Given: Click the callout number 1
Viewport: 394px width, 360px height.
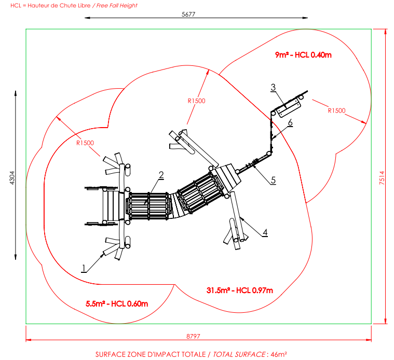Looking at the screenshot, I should tap(83, 268).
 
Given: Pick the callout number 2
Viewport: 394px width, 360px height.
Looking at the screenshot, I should tap(161, 175).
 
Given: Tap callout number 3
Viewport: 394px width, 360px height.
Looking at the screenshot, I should tap(273, 87).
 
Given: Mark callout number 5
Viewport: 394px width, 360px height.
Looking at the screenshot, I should tap(273, 180).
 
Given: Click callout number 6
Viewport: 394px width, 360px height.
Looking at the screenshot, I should tap(290, 122).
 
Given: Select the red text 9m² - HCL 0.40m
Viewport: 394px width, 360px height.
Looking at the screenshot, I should tap(303, 54).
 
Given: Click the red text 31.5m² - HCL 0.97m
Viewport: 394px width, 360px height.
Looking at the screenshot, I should tap(239, 290).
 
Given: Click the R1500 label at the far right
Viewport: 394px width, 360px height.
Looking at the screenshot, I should tap(336, 110).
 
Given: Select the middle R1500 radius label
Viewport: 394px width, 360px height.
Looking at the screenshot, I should tap(196, 101).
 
